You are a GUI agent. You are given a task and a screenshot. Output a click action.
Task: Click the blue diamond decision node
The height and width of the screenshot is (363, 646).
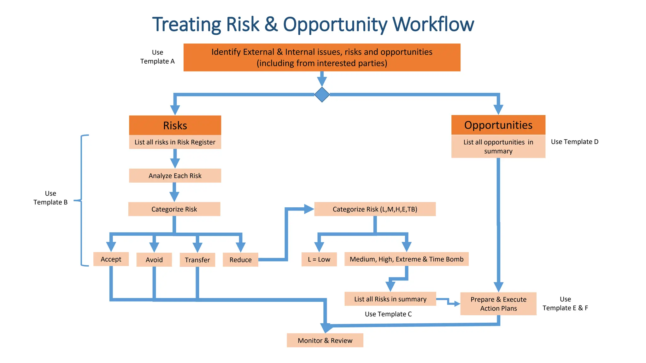322,95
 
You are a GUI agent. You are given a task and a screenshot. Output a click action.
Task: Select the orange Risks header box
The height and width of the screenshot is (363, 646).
175,125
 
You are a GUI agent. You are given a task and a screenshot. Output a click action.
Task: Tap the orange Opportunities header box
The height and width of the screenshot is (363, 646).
498,125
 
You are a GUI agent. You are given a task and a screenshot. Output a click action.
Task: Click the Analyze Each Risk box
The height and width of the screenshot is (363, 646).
175,176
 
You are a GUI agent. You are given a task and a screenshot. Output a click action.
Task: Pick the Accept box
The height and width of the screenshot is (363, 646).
111,259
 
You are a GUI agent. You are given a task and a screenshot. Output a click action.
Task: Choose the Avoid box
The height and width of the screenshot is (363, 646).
154,260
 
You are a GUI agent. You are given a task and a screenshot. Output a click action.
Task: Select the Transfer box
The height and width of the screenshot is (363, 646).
197,260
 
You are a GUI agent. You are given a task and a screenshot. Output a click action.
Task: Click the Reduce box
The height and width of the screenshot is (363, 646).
240,260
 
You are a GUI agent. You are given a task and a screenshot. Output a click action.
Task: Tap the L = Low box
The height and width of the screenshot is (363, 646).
319,259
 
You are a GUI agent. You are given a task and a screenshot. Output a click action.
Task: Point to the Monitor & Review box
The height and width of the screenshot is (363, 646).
325,340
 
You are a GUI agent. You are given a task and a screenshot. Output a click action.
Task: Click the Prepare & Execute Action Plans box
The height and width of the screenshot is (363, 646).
498,304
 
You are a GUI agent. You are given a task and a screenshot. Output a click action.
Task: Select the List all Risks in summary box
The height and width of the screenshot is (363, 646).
390,299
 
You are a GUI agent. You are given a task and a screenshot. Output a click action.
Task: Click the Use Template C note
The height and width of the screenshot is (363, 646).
388,314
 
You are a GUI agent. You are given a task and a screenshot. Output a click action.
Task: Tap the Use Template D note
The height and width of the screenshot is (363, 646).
574,142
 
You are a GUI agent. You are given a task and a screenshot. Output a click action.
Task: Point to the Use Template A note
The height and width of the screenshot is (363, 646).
157,57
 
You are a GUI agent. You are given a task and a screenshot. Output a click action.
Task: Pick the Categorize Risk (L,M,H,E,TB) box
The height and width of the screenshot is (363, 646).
375,209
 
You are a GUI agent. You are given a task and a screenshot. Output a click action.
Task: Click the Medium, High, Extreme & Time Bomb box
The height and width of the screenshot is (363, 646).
406,259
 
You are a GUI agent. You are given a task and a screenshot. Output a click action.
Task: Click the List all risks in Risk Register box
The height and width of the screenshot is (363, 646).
175,142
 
